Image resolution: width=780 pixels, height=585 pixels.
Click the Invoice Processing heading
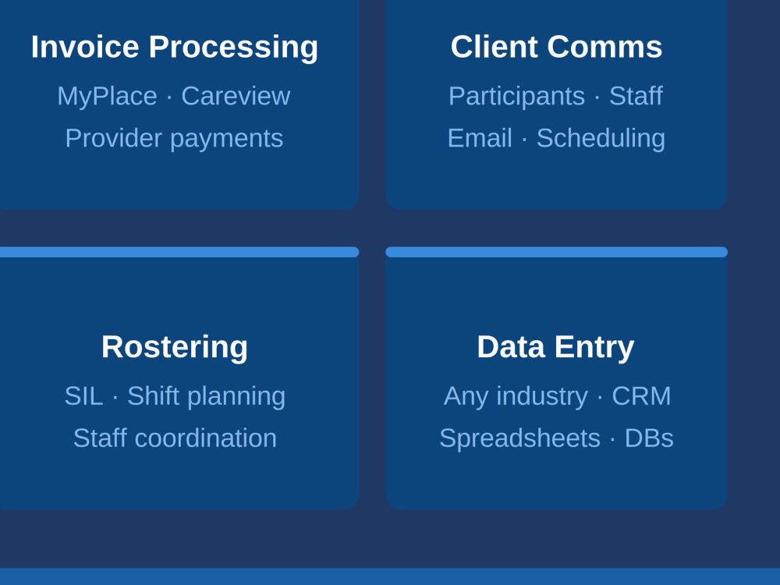coord(175,48)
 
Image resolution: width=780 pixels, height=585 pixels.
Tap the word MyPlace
coord(107,97)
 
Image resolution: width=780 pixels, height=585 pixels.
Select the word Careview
coord(236,95)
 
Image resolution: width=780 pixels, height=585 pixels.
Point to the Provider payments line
coord(174,139)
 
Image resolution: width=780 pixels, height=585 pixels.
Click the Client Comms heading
coord(557,47)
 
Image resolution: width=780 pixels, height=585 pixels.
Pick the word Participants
coord(516,97)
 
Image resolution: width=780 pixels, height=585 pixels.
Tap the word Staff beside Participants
coord(636,95)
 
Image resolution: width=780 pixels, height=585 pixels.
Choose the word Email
coord(480,138)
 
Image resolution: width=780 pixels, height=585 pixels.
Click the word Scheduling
coord(601,139)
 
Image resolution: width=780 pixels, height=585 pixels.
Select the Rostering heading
coord(175,347)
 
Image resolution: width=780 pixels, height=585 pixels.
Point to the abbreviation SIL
coord(83,396)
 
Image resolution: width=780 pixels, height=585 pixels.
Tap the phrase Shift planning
coord(207,397)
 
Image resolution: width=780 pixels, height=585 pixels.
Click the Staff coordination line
coord(175,438)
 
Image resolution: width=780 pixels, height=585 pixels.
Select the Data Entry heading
coord(555,347)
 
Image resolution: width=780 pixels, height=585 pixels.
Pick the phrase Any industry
coord(516,397)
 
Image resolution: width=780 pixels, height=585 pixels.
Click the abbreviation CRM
coord(641,396)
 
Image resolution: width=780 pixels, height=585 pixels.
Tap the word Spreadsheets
coord(519,439)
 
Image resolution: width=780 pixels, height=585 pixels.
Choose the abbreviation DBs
coord(649,438)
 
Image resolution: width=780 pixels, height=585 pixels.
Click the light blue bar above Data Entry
coord(557,252)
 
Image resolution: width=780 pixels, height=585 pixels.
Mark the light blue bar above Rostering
coord(179,252)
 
